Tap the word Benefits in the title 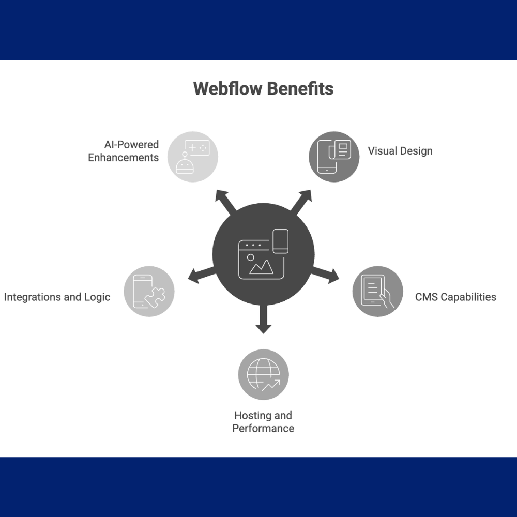pos(300,88)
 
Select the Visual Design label pos(400,151)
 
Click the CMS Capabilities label pos(455,297)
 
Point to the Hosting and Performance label pos(263,422)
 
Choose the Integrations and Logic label pos(57,297)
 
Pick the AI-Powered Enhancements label pos(123,151)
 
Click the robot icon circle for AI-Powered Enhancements pos(193,157)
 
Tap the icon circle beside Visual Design pos(334,157)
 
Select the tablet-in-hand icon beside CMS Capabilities pos(377,292)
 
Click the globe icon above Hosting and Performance pos(263,375)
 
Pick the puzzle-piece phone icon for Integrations pos(149,292)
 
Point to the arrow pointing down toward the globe pos(263,321)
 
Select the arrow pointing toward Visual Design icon pos(301,201)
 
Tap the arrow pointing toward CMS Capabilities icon pos(326,275)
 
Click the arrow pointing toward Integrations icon pos(201,275)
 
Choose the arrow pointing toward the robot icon pos(225,201)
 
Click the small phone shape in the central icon pos(280,241)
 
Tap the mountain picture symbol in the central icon pos(262,267)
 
